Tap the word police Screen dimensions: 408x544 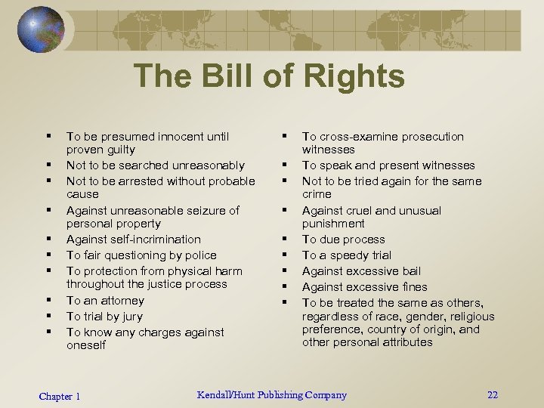click(199, 255)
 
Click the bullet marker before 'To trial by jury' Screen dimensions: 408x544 click(47, 316)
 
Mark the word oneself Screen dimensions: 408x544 click(86, 345)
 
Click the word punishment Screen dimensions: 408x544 click(333, 224)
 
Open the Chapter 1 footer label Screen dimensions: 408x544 click(60, 397)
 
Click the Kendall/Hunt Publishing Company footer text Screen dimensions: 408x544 click(272, 395)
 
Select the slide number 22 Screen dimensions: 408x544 click(493, 395)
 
